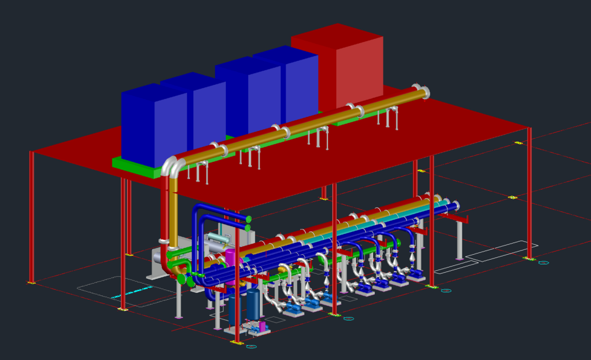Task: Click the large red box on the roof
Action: pyautogui.click(x=345, y=68)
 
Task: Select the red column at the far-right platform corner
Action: pyautogui.click(x=529, y=191)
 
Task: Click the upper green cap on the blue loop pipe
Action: pyautogui.click(x=249, y=218)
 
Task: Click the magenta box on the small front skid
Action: pyautogui.click(x=261, y=326)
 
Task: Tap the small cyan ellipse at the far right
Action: pyautogui.click(x=544, y=263)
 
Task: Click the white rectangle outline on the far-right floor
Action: pyautogui.click(x=502, y=251)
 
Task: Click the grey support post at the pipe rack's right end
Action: pyautogui.click(x=459, y=240)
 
